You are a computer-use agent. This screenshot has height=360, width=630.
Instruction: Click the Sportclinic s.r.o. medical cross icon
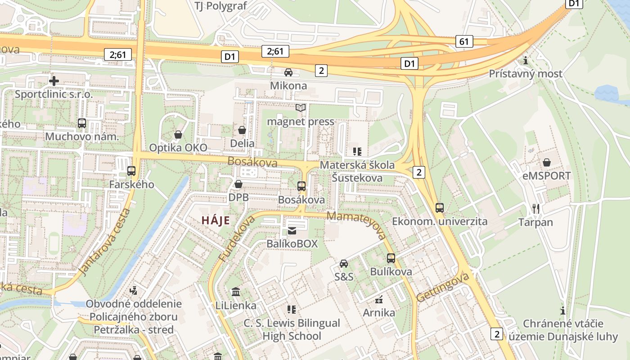click(54, 81)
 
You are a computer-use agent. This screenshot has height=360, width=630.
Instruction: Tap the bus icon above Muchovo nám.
click(82, 123)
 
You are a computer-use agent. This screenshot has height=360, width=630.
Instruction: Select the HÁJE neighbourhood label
click(216, 220)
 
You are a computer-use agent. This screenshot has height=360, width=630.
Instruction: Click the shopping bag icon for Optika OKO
click(178, 135)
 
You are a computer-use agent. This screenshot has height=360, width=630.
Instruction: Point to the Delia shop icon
click(242, 130)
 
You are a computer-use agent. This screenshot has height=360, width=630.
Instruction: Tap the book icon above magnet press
click(301, 108)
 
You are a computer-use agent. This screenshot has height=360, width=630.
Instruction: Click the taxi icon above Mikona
click(288, 72)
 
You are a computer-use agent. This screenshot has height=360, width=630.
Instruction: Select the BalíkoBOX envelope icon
click(292, 231)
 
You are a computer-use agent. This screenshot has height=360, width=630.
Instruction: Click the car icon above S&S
click(344, 263)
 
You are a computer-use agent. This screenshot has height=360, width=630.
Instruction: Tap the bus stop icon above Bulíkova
click(391, 258)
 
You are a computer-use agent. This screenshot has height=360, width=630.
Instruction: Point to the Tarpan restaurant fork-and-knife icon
click(535, 209)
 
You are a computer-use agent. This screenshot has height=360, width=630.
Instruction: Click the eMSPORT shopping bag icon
click(547, 162)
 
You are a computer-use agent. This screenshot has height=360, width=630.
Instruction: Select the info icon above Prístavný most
click(526, 60)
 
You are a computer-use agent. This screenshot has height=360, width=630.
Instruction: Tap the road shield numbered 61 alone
click(464, 42)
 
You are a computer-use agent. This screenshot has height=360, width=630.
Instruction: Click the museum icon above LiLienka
click(235, 292)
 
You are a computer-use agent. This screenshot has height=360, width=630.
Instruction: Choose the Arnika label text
click(379, 312)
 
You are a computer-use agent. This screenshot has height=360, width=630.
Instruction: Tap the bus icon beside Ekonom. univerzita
click(440, 208)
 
